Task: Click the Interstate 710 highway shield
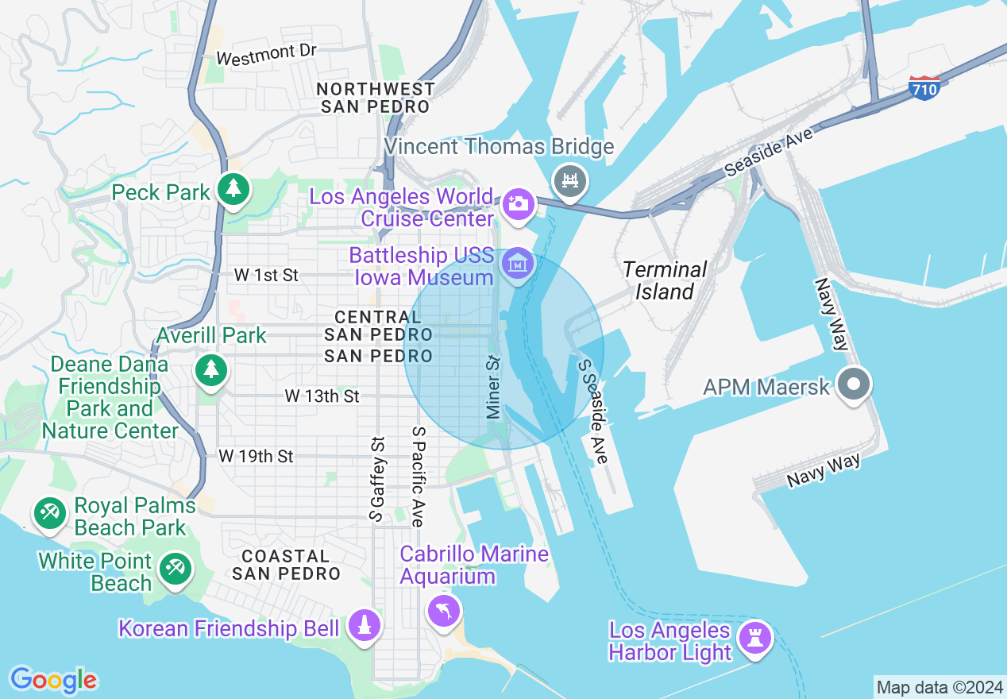pos(924,87)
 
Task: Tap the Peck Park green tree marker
pos(233,189)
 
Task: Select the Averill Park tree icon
pos(210,369)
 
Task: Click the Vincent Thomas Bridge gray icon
pos(569,180)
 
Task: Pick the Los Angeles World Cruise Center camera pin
pos(518,203)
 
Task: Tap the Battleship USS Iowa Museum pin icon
pos(518,261)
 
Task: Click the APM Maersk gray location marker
pos(854,385)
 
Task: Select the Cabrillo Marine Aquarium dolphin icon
pos(443,610)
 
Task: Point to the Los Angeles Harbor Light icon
pos(754,638)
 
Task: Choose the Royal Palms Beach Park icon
pos(50,512)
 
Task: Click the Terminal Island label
pos(665,280)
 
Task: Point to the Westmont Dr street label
pos(266,55)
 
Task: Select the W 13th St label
pos(322,396)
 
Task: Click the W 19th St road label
pos(256,456)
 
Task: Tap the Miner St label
pos(493,387)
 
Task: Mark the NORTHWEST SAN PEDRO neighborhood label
pos(376,97)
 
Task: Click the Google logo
pos(53,680)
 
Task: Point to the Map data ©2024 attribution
pos(939,686)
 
